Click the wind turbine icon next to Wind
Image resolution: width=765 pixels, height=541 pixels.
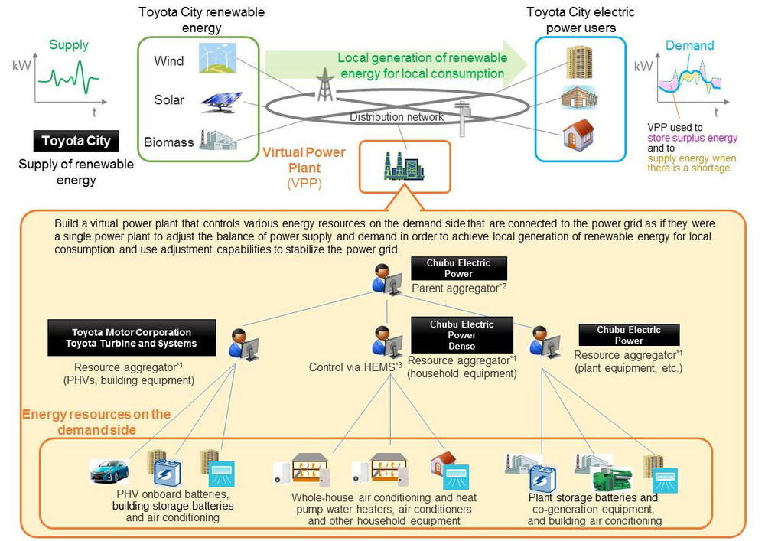click(x=217, y=57)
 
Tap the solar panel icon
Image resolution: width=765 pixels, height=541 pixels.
click(x=222, y=103)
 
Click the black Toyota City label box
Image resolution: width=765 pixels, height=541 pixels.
click(x=76, y=141)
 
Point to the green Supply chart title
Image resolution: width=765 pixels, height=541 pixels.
click(x=69, y=45)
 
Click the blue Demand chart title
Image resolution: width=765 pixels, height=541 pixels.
click(x=689, y=45)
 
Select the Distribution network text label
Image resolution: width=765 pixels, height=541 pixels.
click(x=396, y=117)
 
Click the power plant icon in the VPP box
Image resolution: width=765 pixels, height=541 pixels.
click(x=403, y=166)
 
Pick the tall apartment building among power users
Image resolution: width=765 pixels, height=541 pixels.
click(x=579, y=62)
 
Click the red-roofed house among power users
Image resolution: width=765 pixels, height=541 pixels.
click(x=578, y=134)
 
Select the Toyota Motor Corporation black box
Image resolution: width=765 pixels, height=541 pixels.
click(x=132, y=337)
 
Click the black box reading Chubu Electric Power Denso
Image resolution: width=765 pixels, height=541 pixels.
click(x=461, y=335)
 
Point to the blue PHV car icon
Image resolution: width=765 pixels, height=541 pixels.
click(x=109, y=471)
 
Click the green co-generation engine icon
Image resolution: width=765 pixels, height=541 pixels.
click(x=611, y=479)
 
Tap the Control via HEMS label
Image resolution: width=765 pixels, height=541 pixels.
click(x=356, y=367)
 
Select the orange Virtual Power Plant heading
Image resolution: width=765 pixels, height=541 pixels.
click(x=304, y=160)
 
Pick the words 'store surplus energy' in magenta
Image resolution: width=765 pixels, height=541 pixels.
click(x=692, y=138)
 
